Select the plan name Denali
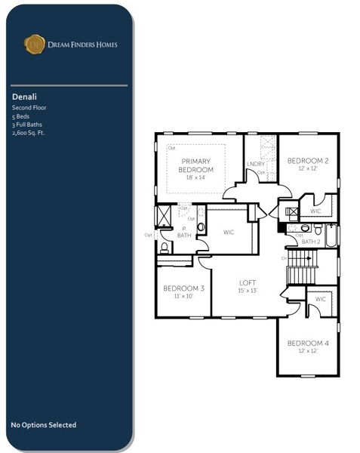[x=24, y=97]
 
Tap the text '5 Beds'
[x=21, y=116]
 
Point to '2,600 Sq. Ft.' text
[x=29, y=133]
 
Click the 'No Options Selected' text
[x=43, y=425]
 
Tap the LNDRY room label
[x=255, y=164]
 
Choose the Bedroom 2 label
[x=307, y=161]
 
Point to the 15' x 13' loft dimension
[x=248, y=291]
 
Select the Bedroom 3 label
[x=184, y=288]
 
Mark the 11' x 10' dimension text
[x=184, y=297]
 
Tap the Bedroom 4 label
[x=307, y=344]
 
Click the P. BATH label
[x=183, y=232]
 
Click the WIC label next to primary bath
[x=229, y=232]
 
